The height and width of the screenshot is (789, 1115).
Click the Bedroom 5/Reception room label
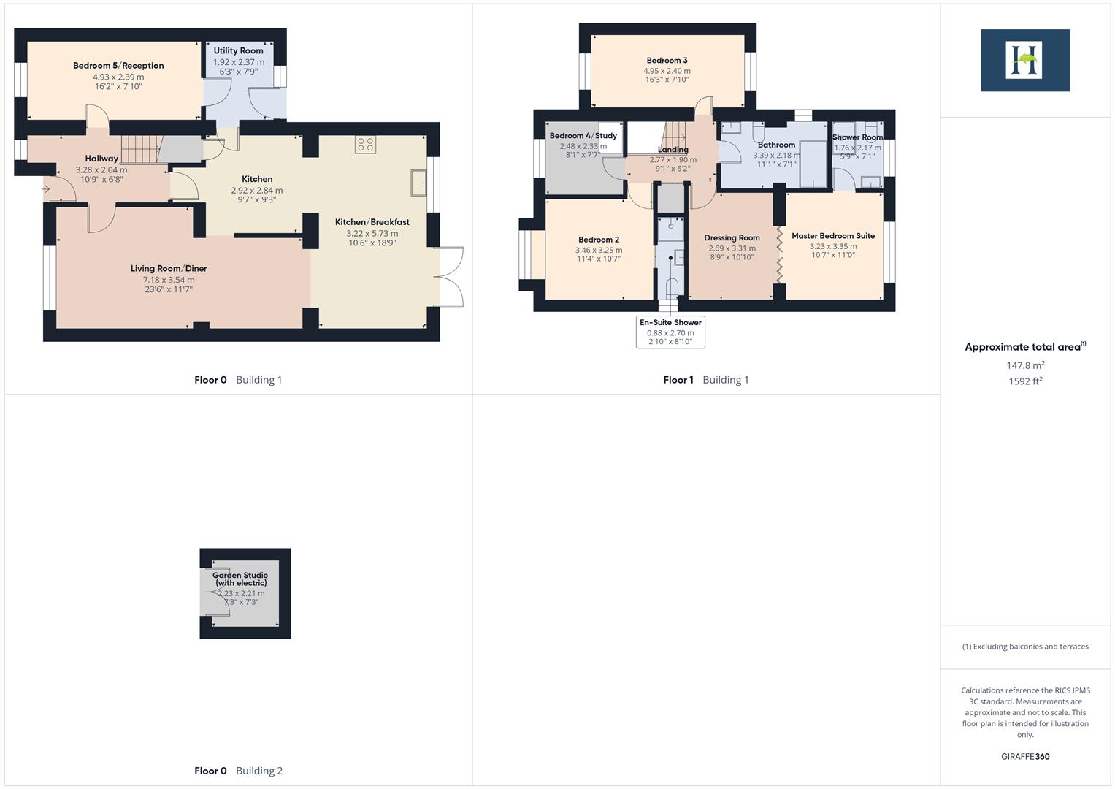(118, 66)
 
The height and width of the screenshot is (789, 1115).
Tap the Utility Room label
(238, 50)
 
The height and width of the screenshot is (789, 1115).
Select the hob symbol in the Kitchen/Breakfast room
(365, 145)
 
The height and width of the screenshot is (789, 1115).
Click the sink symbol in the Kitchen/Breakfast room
(419, 183)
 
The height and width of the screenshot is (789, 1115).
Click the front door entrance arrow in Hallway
(47, 189)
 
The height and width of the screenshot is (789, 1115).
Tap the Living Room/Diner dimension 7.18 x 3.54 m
(169, 280)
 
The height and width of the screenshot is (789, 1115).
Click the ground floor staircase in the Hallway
(139, 149)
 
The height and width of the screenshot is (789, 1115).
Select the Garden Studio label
(240, 579)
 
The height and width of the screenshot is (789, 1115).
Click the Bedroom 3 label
(667, 61)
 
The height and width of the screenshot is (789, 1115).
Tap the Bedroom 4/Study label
(583, 136)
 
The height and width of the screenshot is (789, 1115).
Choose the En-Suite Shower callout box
(670, 332)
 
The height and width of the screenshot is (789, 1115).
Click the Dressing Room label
(732, 237)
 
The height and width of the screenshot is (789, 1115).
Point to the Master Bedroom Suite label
(832, 236)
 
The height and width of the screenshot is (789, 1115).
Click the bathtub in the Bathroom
(813, 164)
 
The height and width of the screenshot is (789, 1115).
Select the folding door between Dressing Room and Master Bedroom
(780, 256)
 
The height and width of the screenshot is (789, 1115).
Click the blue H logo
(1024, 60)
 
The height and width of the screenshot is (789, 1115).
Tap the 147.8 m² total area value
(1024, 365)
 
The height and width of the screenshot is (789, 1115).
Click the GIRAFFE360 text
(1024, 756)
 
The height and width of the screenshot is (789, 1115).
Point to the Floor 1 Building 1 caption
(705, 380)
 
